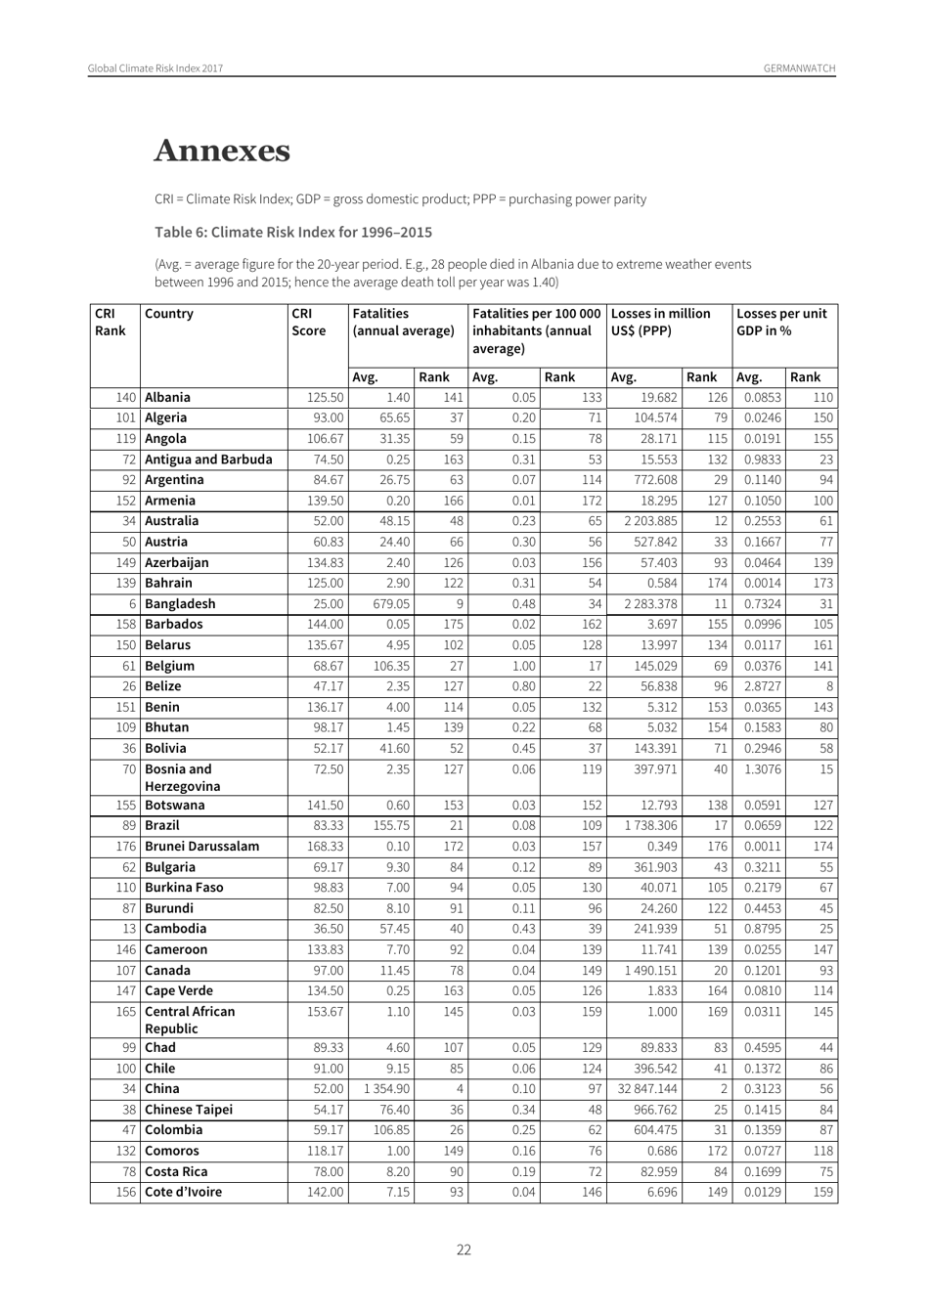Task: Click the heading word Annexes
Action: point(222,152)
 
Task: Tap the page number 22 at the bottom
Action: point(464,1249)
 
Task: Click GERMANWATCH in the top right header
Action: point(799,68)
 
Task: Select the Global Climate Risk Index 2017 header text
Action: point(155,68)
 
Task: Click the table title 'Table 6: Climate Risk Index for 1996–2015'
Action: point(293,232)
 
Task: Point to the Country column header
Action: point(169,314)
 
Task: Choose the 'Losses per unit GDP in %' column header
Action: point(781,322)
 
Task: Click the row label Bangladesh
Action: point(180,603)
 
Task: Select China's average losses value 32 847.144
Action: point(646,1089)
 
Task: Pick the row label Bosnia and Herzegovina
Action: point(183,777)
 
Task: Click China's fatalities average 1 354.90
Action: point(386,1089)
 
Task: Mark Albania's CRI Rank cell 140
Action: point(124,397)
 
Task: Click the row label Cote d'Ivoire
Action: point(183,1192)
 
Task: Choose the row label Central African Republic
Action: point(190,1020)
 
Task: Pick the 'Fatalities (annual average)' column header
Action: point(403,322)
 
